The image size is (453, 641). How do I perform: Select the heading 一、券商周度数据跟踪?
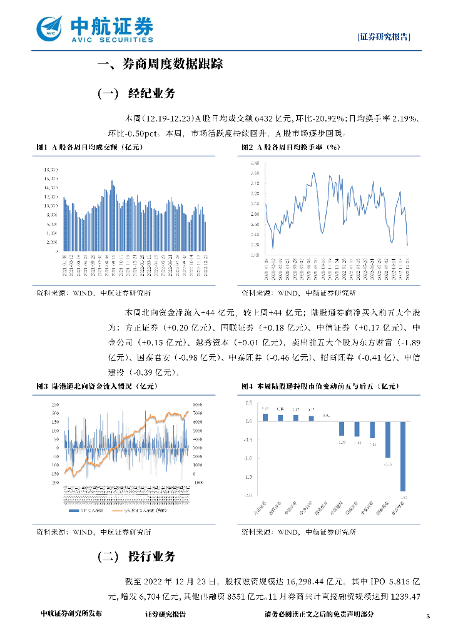[160, 64]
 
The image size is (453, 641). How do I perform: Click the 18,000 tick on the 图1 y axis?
[51, 169]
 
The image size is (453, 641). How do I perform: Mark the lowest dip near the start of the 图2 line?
[272, 247]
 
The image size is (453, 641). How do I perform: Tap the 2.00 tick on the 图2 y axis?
[255, 245]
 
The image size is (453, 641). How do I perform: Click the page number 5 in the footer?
[428, 616]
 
